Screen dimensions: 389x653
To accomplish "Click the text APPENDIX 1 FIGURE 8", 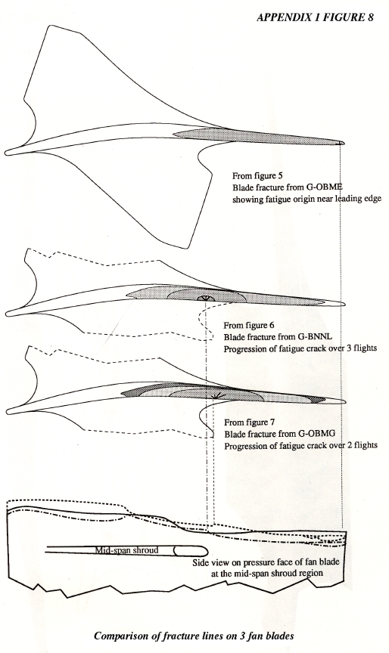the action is click(315, 17).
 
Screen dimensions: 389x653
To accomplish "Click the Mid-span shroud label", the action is click(126, 550).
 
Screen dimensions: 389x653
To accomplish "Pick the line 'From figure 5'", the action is click(257, 175).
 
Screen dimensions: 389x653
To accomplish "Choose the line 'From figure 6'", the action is click(249, 325).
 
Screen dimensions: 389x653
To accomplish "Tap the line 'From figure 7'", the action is click(249, 422).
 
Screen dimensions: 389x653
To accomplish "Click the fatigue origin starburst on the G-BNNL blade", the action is click(204, 299).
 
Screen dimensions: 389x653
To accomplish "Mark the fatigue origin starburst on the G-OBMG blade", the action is click(215, 396).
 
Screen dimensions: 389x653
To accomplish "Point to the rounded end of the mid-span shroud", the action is click(204, 550).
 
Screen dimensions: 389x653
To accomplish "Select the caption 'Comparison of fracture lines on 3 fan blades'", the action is click(194, 636).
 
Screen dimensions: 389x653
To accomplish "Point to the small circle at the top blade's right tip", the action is click(342, 143).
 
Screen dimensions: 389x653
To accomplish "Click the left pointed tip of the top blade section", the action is click(5, 153).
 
